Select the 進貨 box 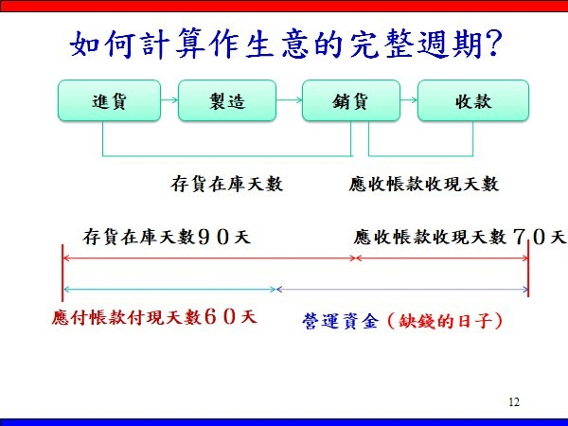click(x=103, y=101)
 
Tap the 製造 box click(x=224, y=101)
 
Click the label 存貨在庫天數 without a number click(x=227, y=184)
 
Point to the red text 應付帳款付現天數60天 click(x=154, y=316)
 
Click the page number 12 click(x=514, y=402)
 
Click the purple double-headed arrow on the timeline click(x=401, y=289)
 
